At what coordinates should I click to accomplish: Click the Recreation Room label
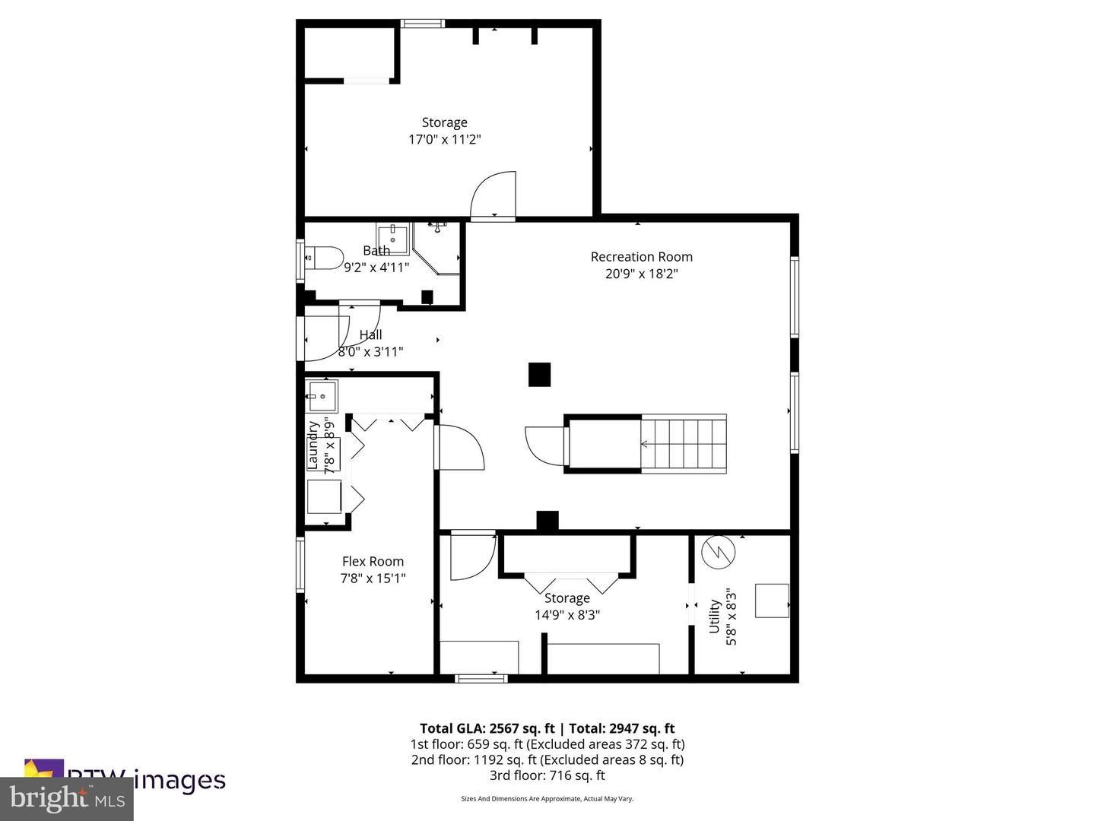pyautogui.click(x=641, y=257)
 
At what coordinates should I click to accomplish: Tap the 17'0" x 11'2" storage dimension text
pyautogui.click(x=444, y=139)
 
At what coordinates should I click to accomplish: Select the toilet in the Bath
pyautogui.click(x=325, y=258)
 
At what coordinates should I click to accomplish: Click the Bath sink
pyautogui.click(x=392, y=239)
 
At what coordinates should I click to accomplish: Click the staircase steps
pyautogui.click(x=684, y=444)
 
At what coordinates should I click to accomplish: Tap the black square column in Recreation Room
pyautogui.click(x=539, y=375)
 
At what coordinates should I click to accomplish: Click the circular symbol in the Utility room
pyautogui.click(x=718, y=553)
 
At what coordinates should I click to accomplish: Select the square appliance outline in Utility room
pyautogui.click(x=771, y=601)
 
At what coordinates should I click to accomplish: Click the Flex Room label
pyautogui.click(x=373, y=562)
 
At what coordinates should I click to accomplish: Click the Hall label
pyautogui.click(x=370, y=334)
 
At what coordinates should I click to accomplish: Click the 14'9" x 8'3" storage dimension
pyautogui.click(x=567, y=615)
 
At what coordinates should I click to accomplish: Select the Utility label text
pyautogui.click(x=714, y=616)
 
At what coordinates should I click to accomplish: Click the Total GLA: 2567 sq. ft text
pyautogui.click(x=487, y=728)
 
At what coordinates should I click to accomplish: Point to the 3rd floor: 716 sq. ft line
pyautogui.click(x=547, y=775)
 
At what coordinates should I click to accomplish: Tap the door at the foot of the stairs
pyautogui.click(x=545, y=445)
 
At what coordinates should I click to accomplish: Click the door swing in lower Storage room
pyautogui.click(x=471, y=557)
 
